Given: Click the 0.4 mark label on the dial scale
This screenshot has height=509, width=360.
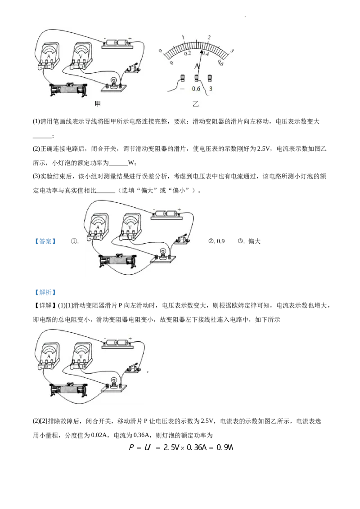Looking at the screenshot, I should (206, 54).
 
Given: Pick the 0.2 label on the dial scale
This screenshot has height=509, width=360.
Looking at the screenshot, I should (187, 54).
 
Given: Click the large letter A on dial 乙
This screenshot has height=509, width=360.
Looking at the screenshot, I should (197, 67).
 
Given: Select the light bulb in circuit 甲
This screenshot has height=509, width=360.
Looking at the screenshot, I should (114, 83).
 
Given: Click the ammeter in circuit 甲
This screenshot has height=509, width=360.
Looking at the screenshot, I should (48, 57).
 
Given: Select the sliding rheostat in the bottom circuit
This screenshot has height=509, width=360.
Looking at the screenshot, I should (69, 389).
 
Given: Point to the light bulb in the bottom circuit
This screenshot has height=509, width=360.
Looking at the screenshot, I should (114, 382).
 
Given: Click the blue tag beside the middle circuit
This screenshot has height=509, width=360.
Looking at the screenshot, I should (45, 241).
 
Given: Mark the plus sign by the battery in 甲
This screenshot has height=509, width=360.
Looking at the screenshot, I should (130, 38).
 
